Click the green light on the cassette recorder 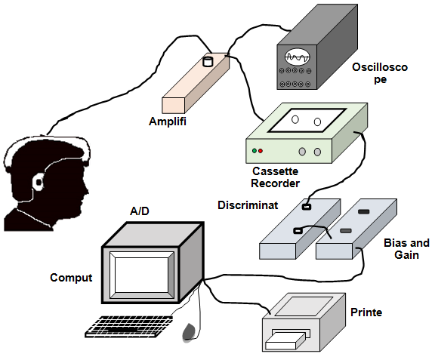tap(254, 151)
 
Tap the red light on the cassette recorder tap(261, 151)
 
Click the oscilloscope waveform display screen tap(298, 57)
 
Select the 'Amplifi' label tap(168, 122)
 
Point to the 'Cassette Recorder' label tap(276, 177)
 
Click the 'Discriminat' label tap(248, 205)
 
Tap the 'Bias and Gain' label tap(407, 249)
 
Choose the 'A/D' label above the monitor tap(140, 211)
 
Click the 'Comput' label tap(71, 278)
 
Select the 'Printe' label tap(366, 312)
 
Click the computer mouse tap(189, 331)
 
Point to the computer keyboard tap(128, 327)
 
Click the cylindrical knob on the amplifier tap(208, 62)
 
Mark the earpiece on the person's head tap(39, 182)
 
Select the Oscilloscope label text tap(380, 73)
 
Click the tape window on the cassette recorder tap(307, 120)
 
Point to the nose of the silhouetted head tap(87, 191)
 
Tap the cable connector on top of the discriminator tap(306, 207)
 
